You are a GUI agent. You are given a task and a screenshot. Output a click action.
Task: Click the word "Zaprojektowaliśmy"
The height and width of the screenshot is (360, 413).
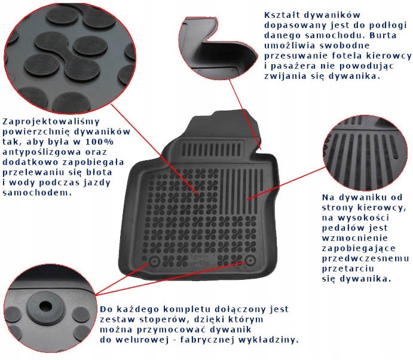point(51,122)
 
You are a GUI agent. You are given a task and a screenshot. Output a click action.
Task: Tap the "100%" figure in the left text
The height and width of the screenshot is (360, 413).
point(100,142)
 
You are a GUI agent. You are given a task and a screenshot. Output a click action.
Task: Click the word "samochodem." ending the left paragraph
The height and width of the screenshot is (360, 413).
point(37,193)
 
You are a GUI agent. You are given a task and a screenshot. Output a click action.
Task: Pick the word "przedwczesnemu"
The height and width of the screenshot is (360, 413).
point(365,258)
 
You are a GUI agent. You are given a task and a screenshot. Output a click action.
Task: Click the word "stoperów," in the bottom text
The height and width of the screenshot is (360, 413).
point(163,319)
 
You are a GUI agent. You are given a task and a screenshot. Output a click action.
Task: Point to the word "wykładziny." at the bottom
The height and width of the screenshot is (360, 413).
point(269,340)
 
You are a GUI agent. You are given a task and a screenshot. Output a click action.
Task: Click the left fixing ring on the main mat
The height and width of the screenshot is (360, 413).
point(155,261)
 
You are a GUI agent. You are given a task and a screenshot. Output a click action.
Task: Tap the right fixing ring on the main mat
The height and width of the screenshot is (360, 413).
point(250,260)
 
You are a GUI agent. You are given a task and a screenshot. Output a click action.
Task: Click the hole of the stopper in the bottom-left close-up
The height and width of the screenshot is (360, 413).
point(46,306)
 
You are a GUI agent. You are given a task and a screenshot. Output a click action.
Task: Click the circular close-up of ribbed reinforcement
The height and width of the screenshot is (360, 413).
point(365,153)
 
